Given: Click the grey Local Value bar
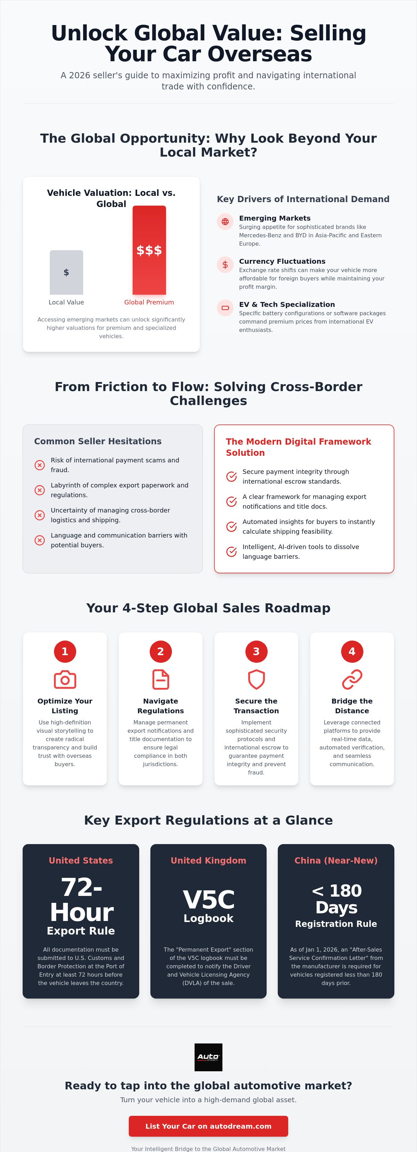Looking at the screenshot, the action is pos(66,272).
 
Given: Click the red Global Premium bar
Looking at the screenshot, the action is pos(149,250).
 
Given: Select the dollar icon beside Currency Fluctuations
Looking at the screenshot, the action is pos(225,265).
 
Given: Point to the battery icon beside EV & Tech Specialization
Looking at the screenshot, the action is pos(225,308).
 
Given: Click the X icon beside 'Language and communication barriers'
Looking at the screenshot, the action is pos(40,540).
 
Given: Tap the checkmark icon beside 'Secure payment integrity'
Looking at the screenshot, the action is pos(231,477).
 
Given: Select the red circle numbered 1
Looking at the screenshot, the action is pos(65,652).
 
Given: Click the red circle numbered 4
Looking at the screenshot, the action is pos(352,652).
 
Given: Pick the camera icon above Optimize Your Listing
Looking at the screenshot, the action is pos(65,680).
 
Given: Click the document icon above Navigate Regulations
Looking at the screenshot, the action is pos(160,680).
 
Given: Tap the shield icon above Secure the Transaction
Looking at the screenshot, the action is pos(257,680).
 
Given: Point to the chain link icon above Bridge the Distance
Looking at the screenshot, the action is pos(352,680).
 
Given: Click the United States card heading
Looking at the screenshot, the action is pos(81,860).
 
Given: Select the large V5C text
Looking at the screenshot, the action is pos(208,900).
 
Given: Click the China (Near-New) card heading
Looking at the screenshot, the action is pos(336,860).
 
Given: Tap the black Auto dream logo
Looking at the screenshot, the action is pos(208,1057).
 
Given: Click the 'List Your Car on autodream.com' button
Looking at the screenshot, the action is pos(208,1126).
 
